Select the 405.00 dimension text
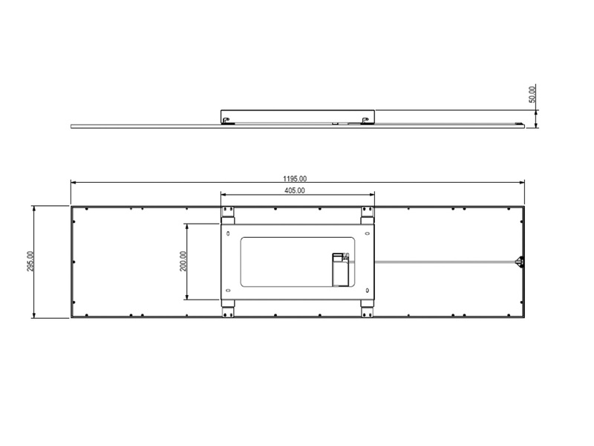pyautogui.click(x=295, y=191)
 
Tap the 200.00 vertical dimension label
pyautogui.click(x=183, y=262)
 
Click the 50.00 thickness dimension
pyautogui.click(x=532, y=94)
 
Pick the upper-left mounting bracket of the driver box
pyautogui.click(x=228, y=214)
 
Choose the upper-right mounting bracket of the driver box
pyautogui.click(x=366, y=214)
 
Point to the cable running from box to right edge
pyautogui.click(x=446, y=261)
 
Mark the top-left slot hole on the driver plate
pyautogui.click(x=227, y=233)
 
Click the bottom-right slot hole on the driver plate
pyautogui.click(x=366, y=288)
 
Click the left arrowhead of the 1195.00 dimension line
pyautogui.click(x=74, y=183)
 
